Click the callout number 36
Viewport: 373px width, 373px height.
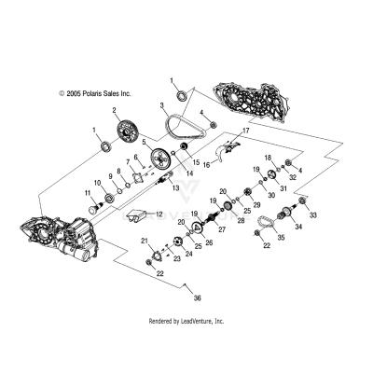198,298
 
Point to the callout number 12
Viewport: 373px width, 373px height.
159,214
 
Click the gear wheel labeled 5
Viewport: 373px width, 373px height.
160,158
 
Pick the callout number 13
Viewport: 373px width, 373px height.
176,188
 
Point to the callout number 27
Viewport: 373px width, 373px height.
222,229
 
